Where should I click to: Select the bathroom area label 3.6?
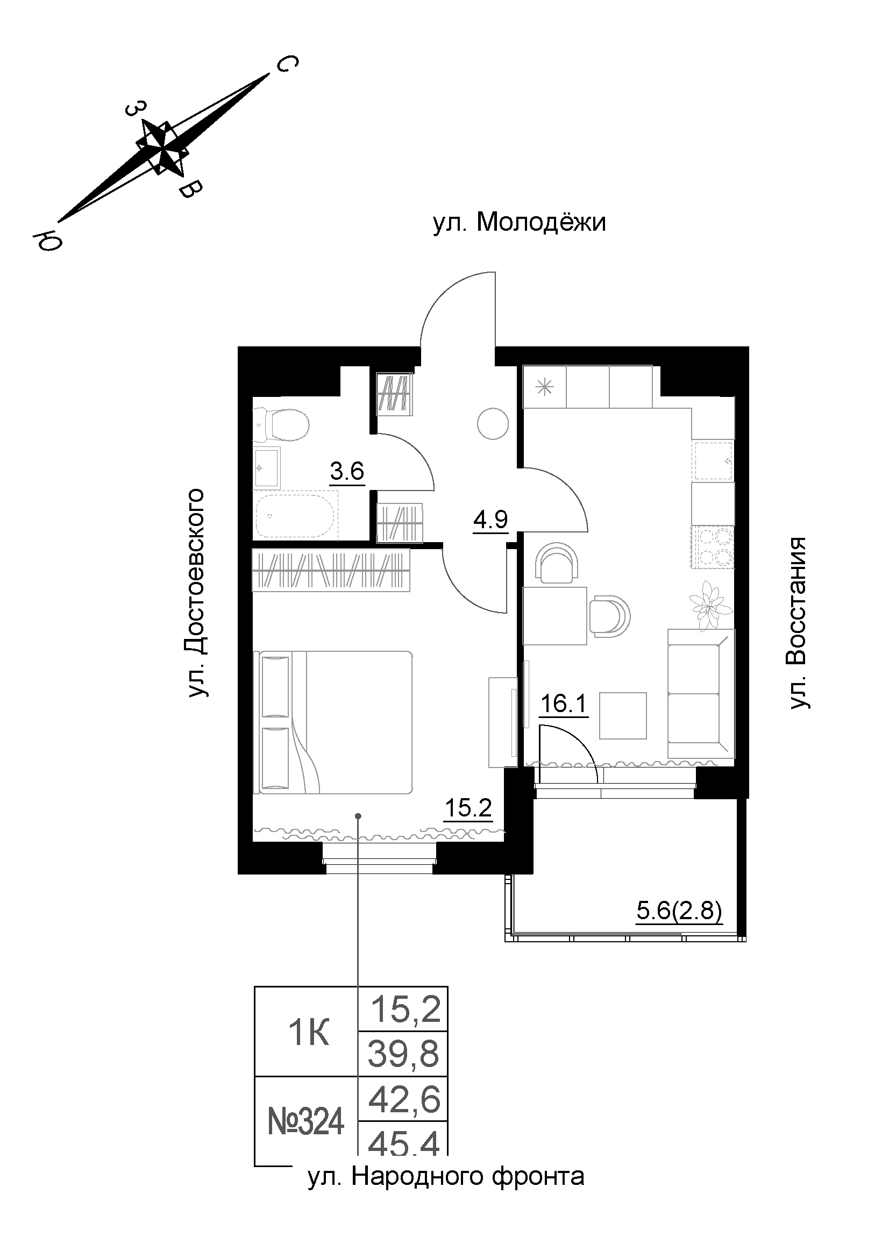click(x=347, y=471)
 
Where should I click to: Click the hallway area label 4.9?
click(x=491, y=519)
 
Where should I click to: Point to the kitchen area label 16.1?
click(x=564, y=703)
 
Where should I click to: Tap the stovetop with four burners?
click(x=713, y=546)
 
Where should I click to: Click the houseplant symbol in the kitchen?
click(x=710, y=604)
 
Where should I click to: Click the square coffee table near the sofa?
click(x=623, y=715)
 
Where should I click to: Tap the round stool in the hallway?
click(x=493, y=423)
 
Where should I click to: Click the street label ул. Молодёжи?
click(x=520, y=223)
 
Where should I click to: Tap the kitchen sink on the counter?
click(x=713, y=461)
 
